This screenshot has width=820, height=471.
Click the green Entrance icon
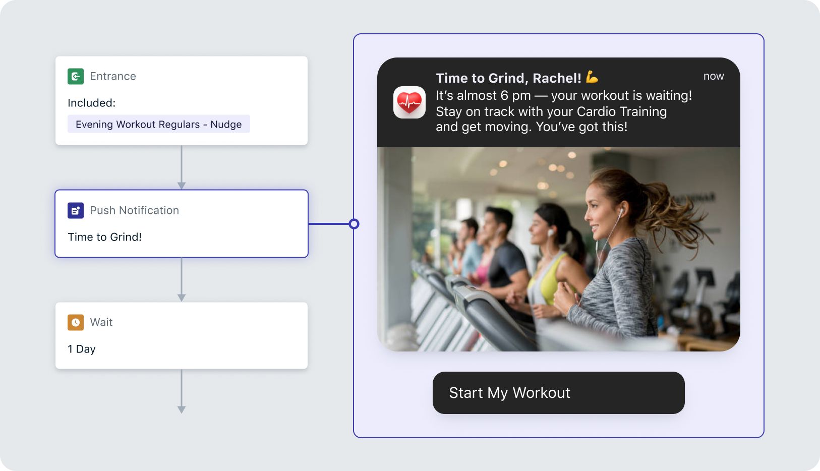tap(76, 76)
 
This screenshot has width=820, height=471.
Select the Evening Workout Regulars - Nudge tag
tap(158, 124)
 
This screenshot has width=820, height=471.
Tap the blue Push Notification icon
tap(76, 210)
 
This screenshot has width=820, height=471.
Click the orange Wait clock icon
tap(76, 322)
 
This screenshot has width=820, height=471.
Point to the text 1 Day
tap(81, 349)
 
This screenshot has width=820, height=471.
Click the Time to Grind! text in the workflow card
tap(105, 237)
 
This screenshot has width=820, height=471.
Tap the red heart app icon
tap(409, 102)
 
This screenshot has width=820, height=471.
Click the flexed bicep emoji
tap(592, 77)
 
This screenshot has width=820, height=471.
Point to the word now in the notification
tap(714, 76)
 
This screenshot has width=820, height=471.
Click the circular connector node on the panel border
tap(354, 224)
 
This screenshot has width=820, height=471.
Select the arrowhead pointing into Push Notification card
tap(182, 185)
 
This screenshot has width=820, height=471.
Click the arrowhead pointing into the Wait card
tap(182, 298)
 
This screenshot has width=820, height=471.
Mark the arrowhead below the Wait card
tap(182, 409)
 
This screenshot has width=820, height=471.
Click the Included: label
tap(91, 103)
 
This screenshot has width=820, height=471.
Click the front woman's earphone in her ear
tap(621, 212)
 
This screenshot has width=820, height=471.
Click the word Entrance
tap(113, 76)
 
